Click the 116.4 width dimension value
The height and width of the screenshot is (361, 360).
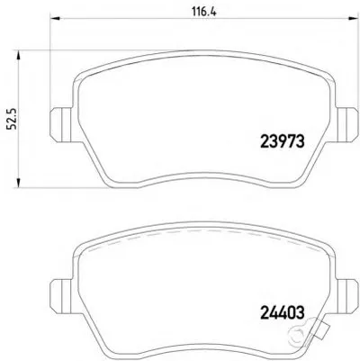tap(204, 12)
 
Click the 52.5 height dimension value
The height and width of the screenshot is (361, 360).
tap(13, 119)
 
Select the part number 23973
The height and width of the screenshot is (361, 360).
tap(283, 141)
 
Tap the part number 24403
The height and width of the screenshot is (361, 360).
tap(283, 312)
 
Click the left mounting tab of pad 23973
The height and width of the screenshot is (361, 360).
tap(61, 124)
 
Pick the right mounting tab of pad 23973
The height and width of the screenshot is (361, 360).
tap(347, 124)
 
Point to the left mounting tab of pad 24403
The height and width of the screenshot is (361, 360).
tap(61, 296)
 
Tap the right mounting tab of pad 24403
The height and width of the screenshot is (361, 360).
tap(347, 296)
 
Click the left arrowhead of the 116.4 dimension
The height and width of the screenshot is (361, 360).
tap(55, 18)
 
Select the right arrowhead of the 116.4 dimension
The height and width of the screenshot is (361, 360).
tap(353, 18)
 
